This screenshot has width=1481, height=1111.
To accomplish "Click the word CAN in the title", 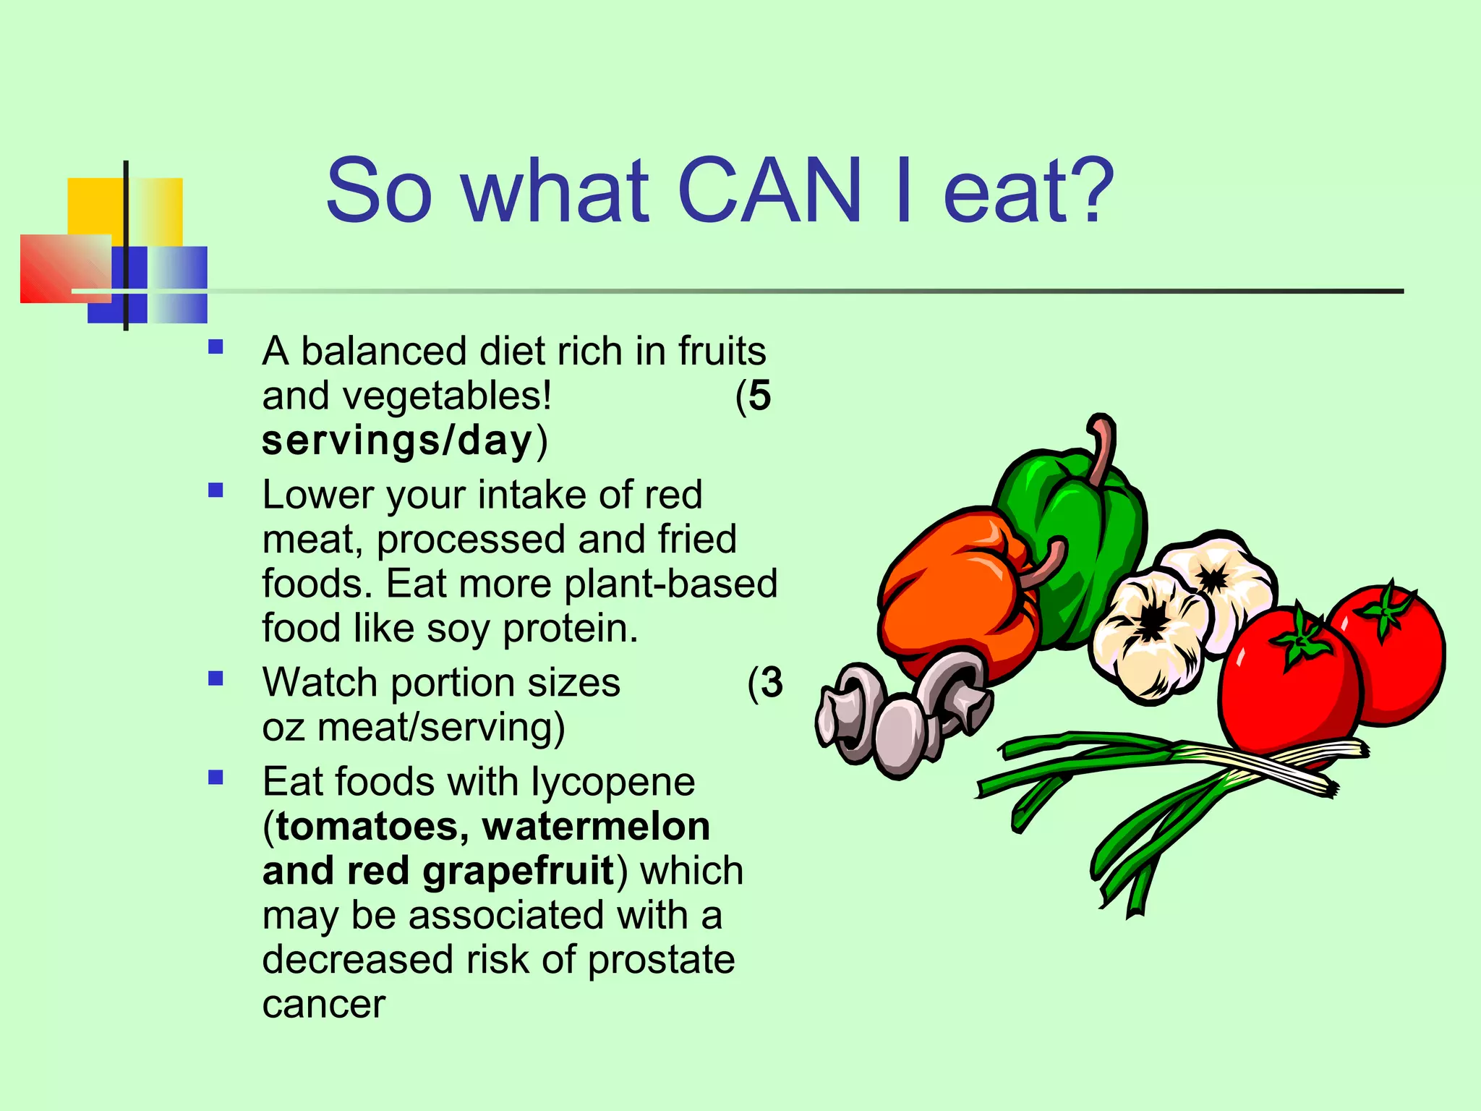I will (x=770, y=191).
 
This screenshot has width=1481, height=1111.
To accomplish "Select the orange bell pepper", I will (x=955, y=593).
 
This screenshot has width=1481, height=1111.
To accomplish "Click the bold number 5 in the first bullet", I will (x=759, y=396).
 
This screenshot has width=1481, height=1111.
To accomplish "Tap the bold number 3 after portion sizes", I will (x=771, y=683).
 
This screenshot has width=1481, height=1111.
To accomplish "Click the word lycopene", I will (x=613, y=783).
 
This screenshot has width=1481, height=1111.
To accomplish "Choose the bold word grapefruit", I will (x=518, y=871).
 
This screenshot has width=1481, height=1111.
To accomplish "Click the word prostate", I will (x=661, y=960).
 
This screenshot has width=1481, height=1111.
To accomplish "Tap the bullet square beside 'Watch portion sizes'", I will (x=215, y=678).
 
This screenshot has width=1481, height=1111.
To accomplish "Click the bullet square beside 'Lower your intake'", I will (x=215, y=491).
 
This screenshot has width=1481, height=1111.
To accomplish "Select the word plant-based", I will (x=670, y=584).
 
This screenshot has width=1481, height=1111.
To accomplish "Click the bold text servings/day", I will (x=397, y=440).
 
